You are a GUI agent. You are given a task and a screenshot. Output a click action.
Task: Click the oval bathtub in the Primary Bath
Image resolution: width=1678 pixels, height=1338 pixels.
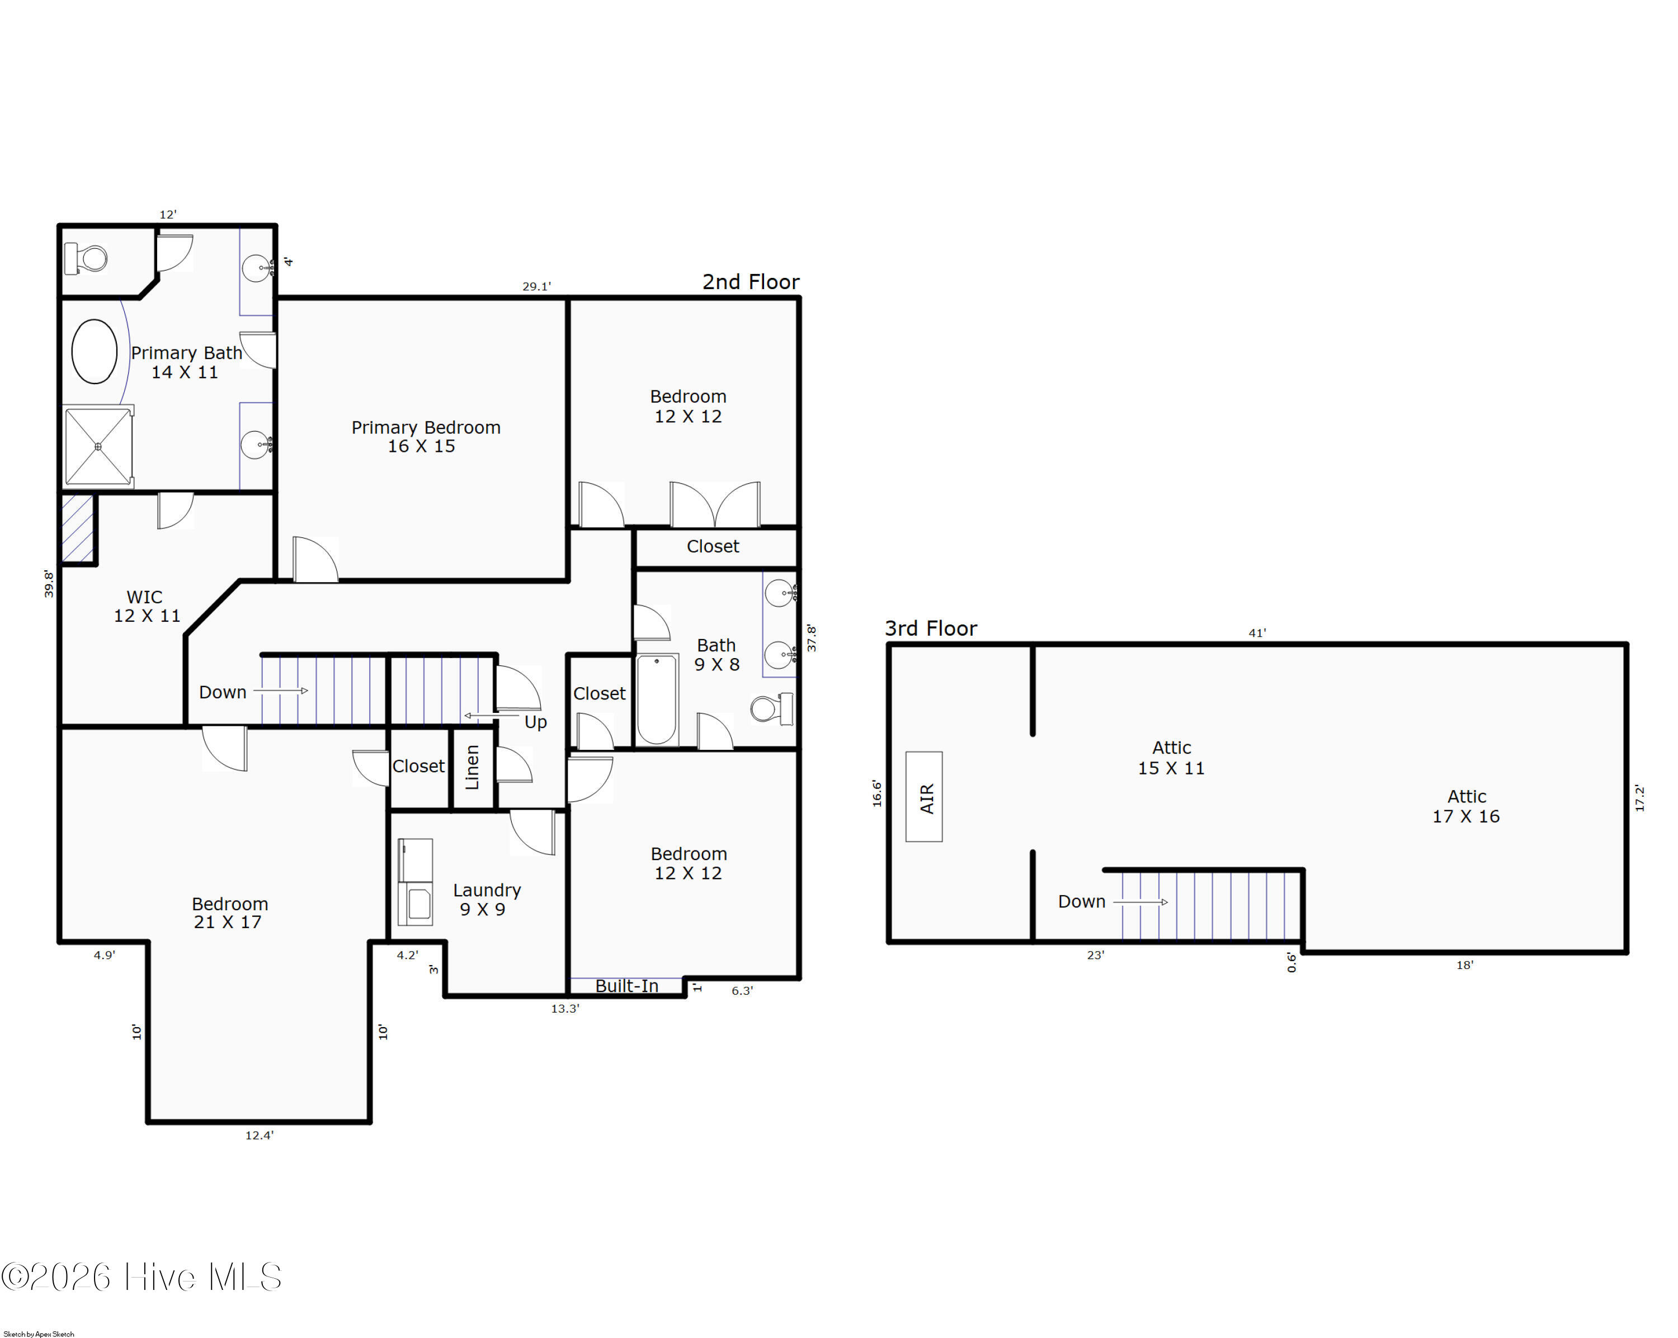click(x=94, y=352)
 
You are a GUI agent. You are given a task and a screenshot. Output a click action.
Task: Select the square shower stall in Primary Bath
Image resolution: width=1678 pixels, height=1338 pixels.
click(x=98, y=447)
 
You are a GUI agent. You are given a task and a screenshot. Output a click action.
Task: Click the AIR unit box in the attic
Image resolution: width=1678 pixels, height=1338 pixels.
click(x=924, y=797)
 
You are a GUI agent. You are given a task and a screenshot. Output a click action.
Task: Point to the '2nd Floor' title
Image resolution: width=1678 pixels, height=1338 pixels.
click(x=751, y=282)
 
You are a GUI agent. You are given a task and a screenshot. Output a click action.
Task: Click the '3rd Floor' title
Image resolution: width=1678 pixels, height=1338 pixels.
click(x=931, y=628)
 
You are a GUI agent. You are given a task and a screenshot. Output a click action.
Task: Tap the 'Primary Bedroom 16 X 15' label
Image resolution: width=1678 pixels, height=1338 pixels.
click(x=425, y=437)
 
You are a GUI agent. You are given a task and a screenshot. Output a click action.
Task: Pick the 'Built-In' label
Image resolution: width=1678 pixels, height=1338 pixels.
click(x=626, y=986)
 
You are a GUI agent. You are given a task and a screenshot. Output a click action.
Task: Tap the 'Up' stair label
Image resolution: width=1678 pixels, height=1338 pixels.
click(x=535, y=722)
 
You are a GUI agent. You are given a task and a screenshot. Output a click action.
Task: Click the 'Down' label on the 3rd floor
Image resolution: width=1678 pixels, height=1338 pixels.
click(x=1081, y=901)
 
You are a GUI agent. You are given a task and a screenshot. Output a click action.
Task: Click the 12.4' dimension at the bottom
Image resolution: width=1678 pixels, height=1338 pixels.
click(x=259, y=1135)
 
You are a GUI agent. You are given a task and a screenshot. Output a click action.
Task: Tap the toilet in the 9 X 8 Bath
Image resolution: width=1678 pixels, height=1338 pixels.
click(x=771, y=708)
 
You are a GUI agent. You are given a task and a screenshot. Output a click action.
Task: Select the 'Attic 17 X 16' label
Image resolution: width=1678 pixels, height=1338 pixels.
click(x=1467, y=806)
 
